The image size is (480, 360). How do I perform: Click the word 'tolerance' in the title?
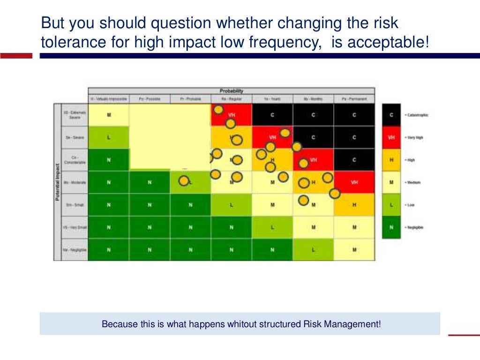click(67, 43)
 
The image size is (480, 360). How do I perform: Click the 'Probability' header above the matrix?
click(232, 91)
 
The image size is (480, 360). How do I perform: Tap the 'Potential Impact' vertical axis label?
click(58, 182)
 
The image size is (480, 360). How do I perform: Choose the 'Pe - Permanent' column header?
click(354, 99)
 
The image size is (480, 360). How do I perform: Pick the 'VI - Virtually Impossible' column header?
click(108, 99)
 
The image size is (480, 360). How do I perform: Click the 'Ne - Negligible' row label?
click(75, 250)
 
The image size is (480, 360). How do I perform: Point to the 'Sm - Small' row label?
click(75, 205)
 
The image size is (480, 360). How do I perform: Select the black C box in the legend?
click(391, 115)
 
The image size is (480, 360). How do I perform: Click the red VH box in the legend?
click(391, 137)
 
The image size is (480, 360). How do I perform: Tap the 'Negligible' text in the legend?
click(414, 227)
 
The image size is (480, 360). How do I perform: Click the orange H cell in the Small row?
click(354, 205)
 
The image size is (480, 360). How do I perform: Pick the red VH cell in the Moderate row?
click(354, 182)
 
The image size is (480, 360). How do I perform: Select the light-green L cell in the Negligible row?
click(313, 250)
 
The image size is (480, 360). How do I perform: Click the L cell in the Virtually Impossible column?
click(108, 137)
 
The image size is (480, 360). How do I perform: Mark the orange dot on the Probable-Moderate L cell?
click(184, 180)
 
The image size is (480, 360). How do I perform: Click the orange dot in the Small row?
click(303, 201)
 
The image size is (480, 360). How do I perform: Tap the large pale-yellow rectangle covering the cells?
click(169, 136)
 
